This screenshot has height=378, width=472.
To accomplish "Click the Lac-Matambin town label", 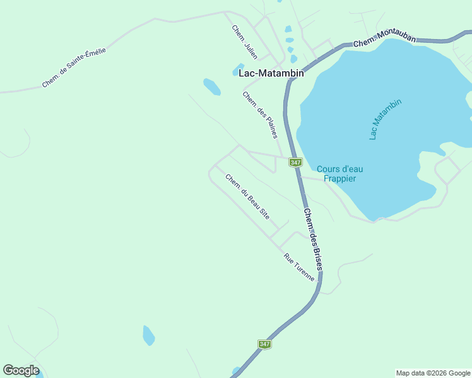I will (x=271, y=73).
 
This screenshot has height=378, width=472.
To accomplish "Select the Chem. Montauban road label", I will (x=384, y=40).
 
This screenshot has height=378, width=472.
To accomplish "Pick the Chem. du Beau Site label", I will (x=247, y=196).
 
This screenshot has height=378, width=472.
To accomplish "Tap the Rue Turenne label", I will (x=299, y=267).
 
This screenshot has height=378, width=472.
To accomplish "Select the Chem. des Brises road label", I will (x=313, y=239).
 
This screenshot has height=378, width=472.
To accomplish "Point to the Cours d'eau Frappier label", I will (x=339, y=173).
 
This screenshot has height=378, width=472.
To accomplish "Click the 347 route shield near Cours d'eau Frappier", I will (x=295, y=163).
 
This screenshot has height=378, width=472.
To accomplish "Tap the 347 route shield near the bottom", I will (x=264, y=344).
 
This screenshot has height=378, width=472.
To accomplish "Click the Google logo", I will (x=21, y=370).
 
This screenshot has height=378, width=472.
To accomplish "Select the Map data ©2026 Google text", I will (x=433, y=373).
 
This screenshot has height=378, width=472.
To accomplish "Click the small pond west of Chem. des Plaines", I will (x=211, y=86).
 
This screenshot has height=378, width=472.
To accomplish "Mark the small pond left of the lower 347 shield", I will (x=148, y=335).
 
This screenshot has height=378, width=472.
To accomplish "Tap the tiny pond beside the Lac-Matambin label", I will (x=239, y=68).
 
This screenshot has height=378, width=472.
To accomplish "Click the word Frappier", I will (x=339, y=178).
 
